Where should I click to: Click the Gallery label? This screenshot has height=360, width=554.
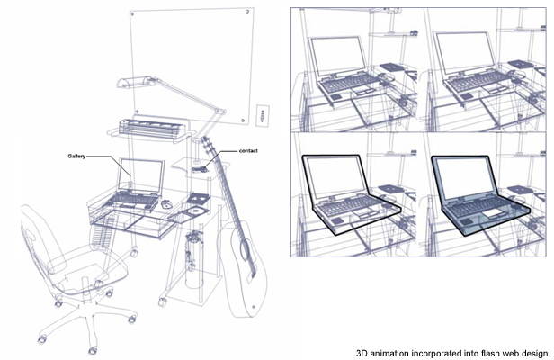click(76, 156)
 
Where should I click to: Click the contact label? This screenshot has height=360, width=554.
click(248, 151)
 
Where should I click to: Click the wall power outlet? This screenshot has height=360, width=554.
click(263, 115)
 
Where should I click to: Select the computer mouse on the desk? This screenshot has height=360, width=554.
click(166, 203)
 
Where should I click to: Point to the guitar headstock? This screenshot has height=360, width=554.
click(208, 144)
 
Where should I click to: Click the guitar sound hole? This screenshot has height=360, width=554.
click(245, 249)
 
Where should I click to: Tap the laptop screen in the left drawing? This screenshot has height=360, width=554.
click(141, 175)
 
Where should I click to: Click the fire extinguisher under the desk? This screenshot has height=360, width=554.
click(193, 258)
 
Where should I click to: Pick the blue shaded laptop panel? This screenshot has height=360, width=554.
click(480, 193)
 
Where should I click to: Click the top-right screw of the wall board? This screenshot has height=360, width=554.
click(247, 12)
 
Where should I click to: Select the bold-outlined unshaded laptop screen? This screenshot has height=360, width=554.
click(334, 175)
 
